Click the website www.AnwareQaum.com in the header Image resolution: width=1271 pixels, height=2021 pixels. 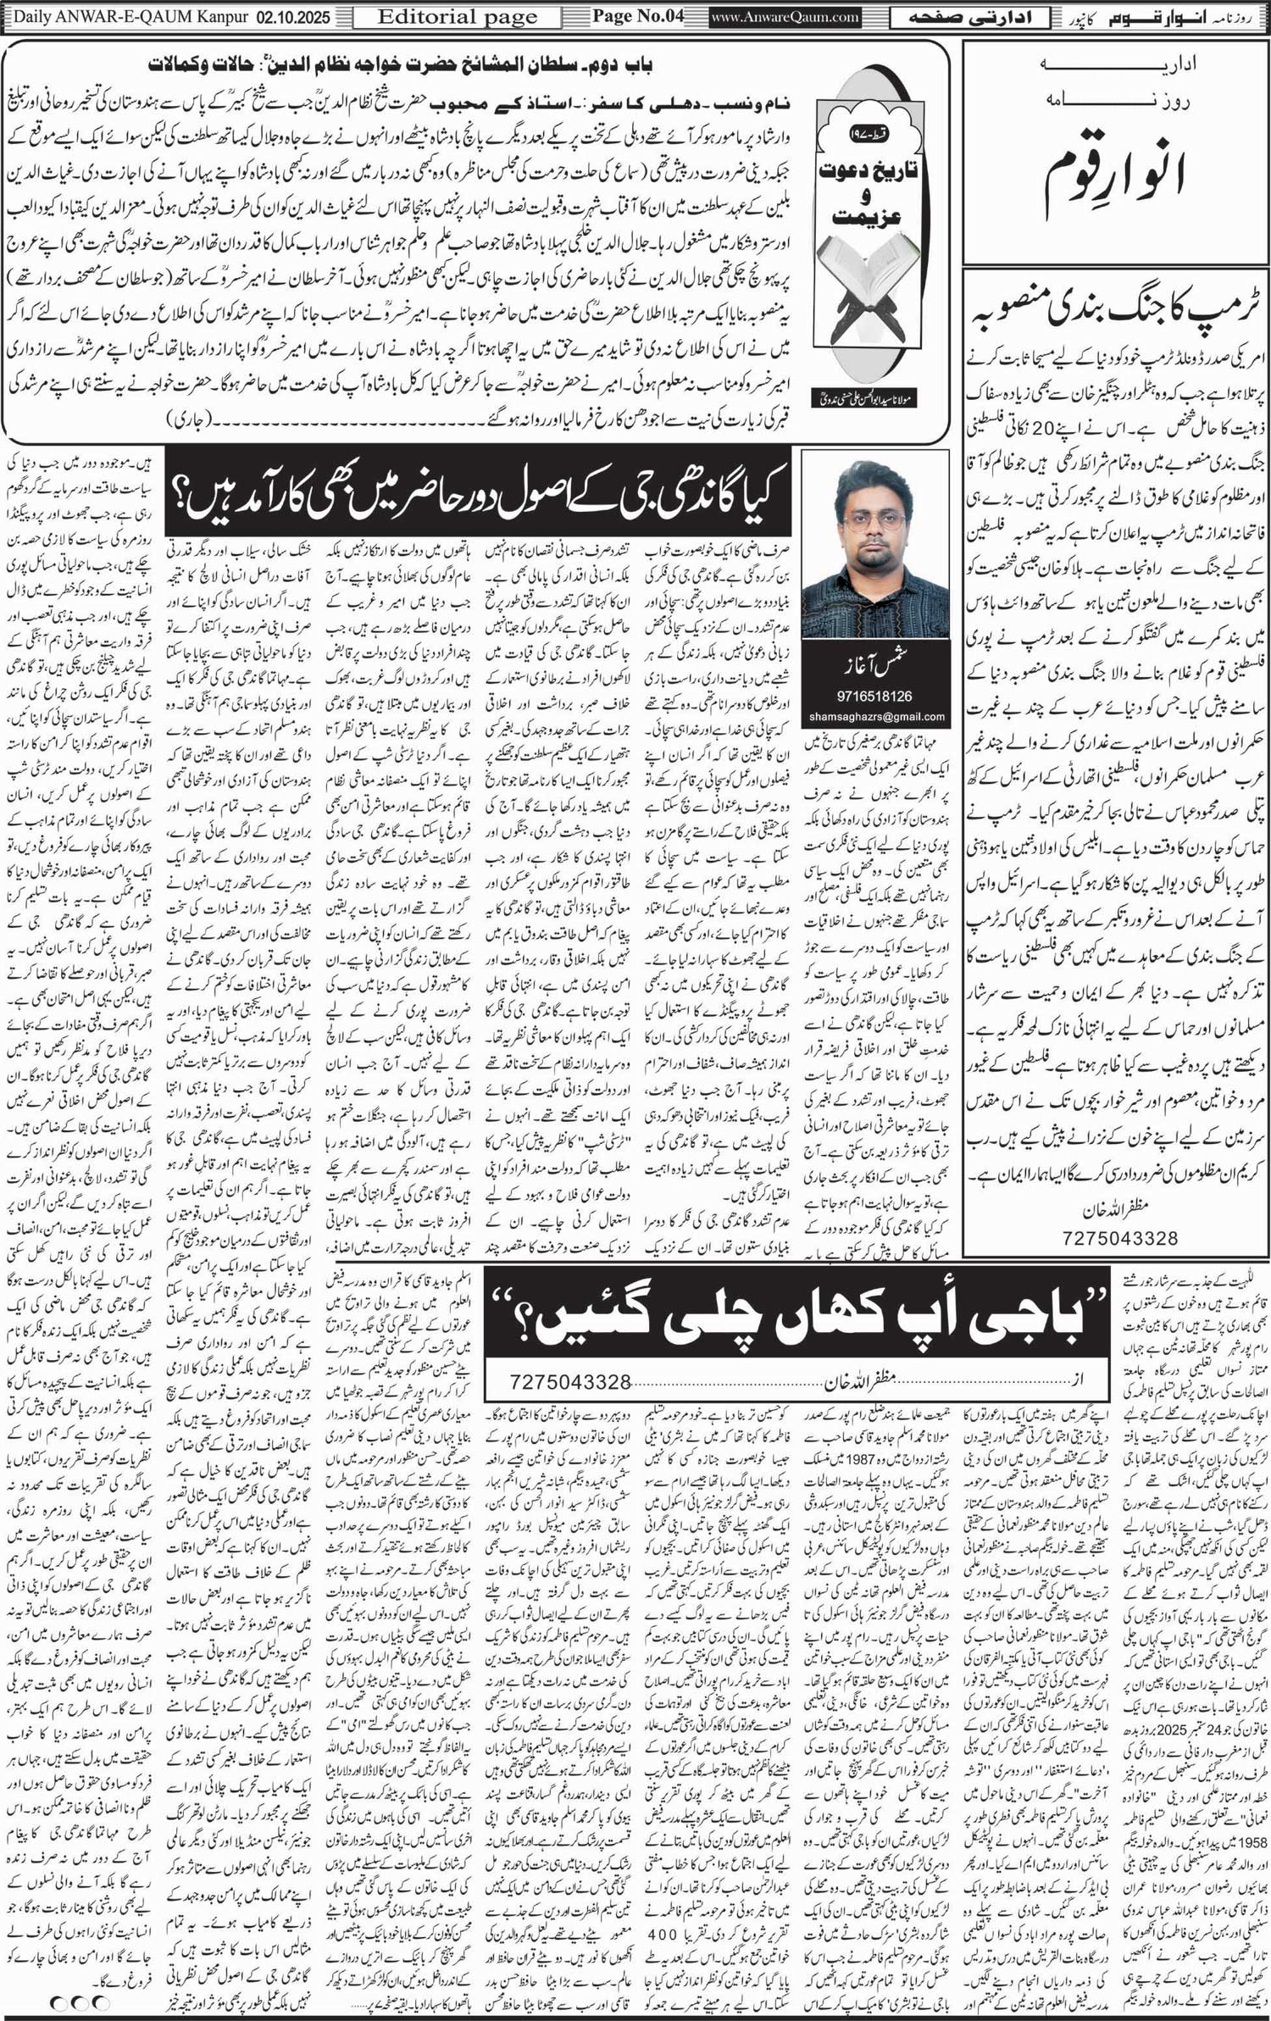(785, 16)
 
